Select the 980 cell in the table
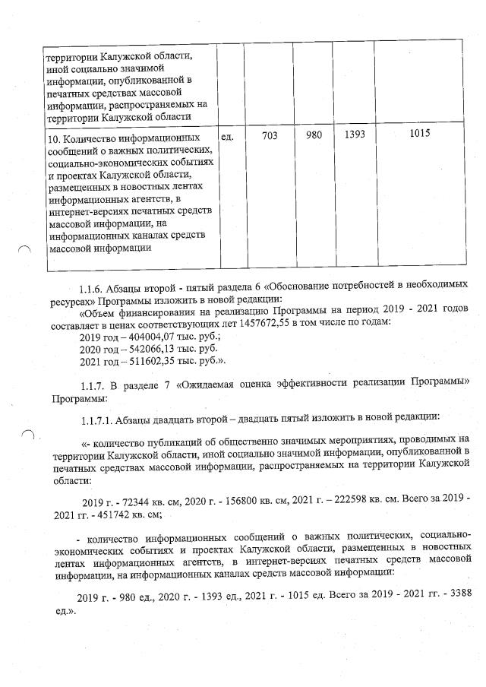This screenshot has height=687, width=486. pos(314,135)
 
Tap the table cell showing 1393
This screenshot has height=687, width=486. pos(355,135)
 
